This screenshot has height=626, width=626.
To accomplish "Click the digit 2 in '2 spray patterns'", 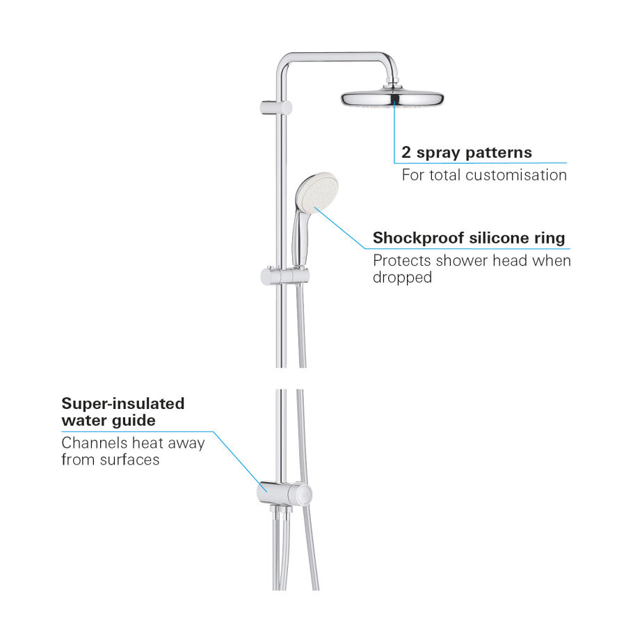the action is point(406,152).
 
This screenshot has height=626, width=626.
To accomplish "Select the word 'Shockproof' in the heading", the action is point(419,239).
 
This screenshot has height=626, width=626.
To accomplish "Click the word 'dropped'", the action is point(403,277).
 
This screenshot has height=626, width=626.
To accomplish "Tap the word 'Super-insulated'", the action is point(123,403).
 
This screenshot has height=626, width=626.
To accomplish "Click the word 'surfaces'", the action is point(130,460).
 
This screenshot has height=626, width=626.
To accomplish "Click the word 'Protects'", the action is point(403,261).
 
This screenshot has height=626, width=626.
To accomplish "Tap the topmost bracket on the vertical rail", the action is point(276,108).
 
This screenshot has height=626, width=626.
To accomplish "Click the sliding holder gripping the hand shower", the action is point(284,276).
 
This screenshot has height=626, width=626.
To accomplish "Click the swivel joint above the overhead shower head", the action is point(392,86).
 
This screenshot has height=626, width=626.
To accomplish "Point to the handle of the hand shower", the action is point(298,239).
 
